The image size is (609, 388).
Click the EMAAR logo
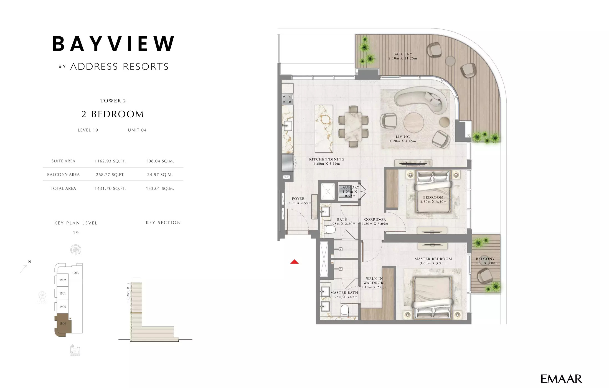[561, 379]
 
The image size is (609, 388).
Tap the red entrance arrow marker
[295, 262]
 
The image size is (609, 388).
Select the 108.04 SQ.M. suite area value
[160, 161]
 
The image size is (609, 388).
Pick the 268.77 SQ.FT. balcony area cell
[110, 175]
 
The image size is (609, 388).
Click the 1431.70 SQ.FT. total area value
[110, 188]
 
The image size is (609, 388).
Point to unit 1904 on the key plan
[63, 323]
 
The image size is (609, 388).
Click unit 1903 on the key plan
[75, 273]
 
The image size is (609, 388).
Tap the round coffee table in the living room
[414, 122]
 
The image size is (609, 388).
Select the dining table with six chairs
[353, 126]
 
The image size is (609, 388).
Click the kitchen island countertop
[324, 129]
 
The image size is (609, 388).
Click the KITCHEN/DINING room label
[326, 159]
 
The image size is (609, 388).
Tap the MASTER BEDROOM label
[433, 259]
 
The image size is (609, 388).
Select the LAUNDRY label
[349, 187]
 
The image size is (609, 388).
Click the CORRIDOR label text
[375, 219]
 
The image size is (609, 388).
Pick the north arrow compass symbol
[24, 268]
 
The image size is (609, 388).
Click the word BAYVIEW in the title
[113, 44]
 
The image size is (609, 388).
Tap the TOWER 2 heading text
[113, 101]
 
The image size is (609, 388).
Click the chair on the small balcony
[484, 276]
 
